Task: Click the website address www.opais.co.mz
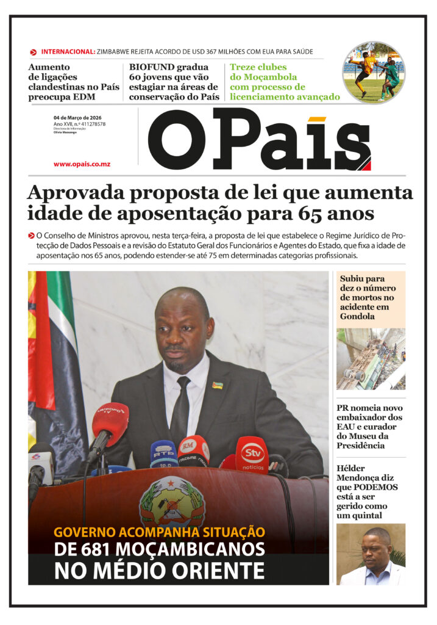[x=82, y=164]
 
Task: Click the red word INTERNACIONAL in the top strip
[x=68, y=52]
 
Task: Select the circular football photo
[x=374, y=72]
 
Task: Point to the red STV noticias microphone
[x=252, y=455]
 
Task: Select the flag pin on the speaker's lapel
[x=217, y=385]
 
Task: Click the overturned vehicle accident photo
[x=371, y=359]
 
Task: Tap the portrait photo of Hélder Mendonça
[x=371, y=554]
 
